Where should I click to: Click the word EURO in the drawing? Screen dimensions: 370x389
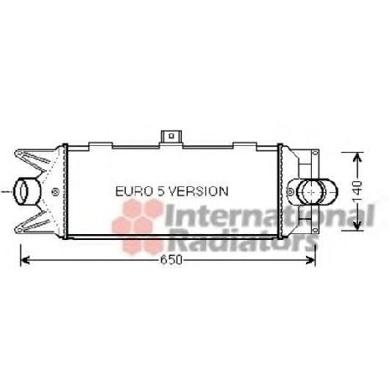tap(133, 192)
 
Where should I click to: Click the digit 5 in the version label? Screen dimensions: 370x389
tap(160, 192)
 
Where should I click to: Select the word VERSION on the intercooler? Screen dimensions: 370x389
tap(197, 192)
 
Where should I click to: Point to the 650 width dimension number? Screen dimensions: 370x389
tap(171, 261)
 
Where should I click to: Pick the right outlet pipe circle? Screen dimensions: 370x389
tap(313, 192)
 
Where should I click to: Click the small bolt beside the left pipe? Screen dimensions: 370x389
tap(55, 193)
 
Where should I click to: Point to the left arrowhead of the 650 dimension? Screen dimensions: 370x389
tap(23, 261)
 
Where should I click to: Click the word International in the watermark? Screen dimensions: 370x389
tap(268, 217)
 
